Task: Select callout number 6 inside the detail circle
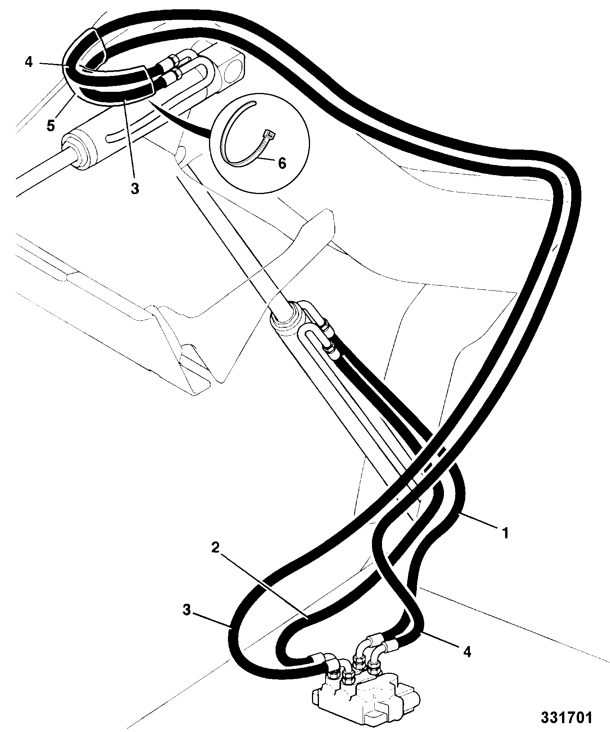pyautogui.click(x=282, y=163)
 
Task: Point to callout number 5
pyautogui.click(x=51, y=126)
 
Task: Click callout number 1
pyautogui.click(x=505, y=533)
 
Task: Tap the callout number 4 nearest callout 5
pyautogui.click(x=29, y=62)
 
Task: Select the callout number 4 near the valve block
pyautogui.click(x=467, y=652)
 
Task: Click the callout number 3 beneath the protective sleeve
pyautogui.click(x=134, y=189)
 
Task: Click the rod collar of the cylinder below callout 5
pyautogui.click(x=79, y=151)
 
